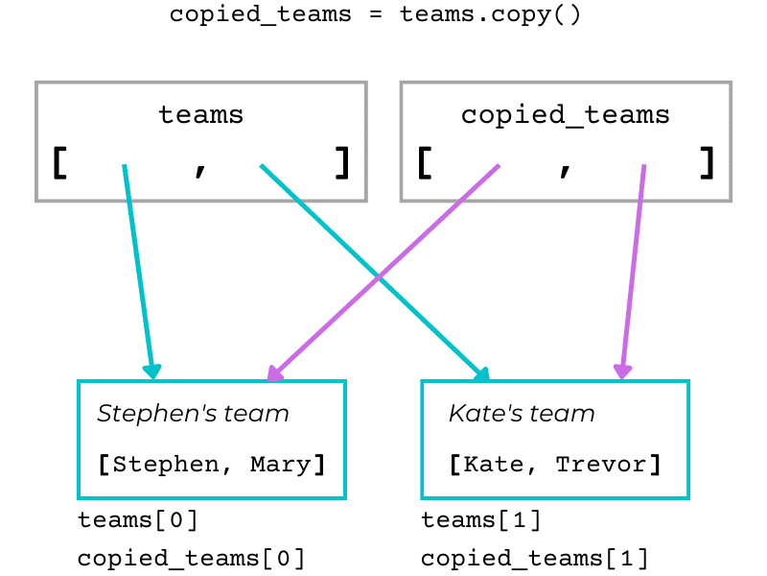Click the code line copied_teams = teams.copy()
point(375,15)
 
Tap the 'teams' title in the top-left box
point(200,115)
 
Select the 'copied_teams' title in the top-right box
point(565,115)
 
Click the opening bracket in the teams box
point(59,163)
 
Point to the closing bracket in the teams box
point(342,163)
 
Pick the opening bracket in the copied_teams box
point(424,163)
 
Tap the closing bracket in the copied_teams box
point(708,163)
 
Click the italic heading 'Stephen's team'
point(193,414)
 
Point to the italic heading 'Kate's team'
point(522,414)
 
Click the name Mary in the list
point(281,465)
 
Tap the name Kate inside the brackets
point(491,465)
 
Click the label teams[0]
point(138,520)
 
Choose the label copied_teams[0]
point(191,558)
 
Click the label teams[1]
point(481,520)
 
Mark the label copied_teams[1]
point(534,558)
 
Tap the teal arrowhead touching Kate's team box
point(482,373)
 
